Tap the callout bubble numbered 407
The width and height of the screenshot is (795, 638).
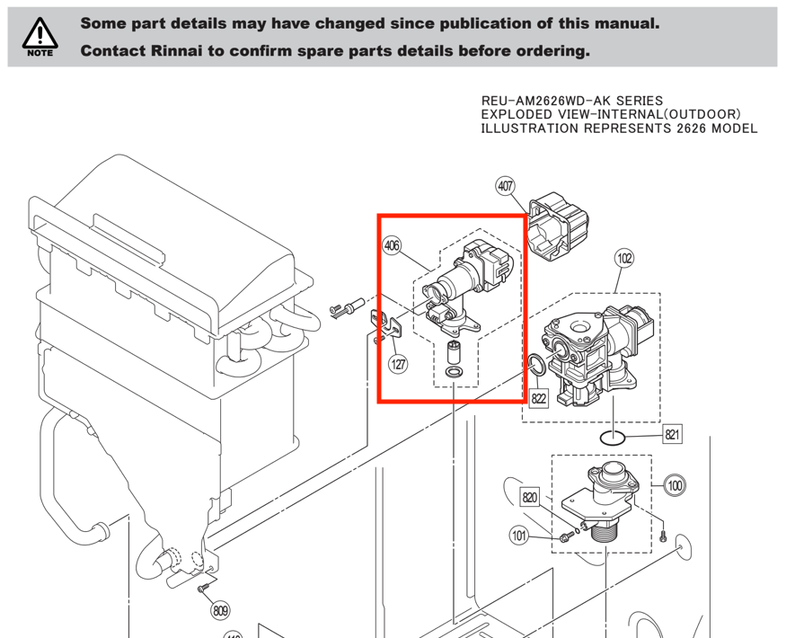(x=506, y=187)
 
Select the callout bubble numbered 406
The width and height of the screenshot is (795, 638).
(x=392, y=244)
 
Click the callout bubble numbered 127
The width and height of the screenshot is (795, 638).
(x=398, y=364)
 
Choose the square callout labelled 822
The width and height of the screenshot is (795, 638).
(x=538, y=396)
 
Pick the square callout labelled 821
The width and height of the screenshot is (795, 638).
(x=673, y=435)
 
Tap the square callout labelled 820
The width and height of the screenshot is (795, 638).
(x=530, y=496)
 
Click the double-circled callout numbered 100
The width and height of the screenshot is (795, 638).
(x=676, y=485)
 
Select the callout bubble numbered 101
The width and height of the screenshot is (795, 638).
(x=519, y=536)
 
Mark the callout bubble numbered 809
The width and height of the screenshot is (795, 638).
(x=220, y=611)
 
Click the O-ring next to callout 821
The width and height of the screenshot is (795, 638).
(x=612, y=438)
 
